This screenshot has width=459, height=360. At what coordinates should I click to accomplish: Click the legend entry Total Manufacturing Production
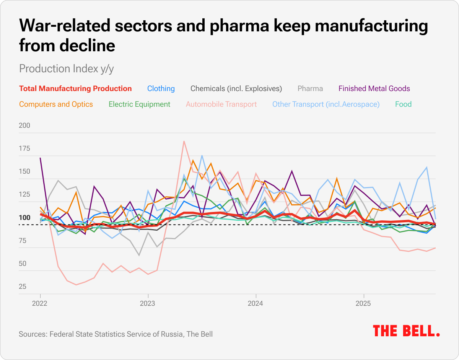pos(75,89)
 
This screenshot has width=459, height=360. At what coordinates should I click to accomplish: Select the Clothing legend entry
pos(161,89)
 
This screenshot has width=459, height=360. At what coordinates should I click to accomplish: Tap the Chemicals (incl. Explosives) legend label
pos(236,89)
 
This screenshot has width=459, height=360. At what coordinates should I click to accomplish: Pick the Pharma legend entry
pos(310,89)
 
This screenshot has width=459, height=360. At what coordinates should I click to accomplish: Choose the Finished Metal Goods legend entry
pos(374,89)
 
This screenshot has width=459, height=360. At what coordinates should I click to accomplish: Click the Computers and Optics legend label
pos(56,104)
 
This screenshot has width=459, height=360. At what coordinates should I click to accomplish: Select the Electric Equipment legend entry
pos(139,104)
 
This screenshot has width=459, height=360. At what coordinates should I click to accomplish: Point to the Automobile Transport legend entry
pos(221,104)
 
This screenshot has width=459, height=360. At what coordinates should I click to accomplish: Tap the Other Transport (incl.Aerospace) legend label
pos(326,104)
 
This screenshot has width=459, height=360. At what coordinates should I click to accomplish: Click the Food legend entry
pos(403,104)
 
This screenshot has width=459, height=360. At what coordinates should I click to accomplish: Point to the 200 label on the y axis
pos(25,125)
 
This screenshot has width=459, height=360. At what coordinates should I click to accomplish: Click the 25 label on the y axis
pos(23,287)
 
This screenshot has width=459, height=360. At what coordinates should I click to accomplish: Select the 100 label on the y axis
pos(25,218)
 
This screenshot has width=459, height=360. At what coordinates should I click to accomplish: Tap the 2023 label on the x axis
pos(148,304)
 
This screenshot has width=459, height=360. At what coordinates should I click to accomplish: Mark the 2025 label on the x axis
pos(363,304)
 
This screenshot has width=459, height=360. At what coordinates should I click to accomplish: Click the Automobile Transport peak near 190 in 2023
pos(184,141)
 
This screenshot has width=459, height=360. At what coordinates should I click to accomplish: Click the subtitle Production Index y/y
pos(66,68)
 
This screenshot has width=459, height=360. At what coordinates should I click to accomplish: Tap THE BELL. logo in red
pos(406,331)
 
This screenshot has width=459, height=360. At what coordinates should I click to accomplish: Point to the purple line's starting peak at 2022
pos(40,158)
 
